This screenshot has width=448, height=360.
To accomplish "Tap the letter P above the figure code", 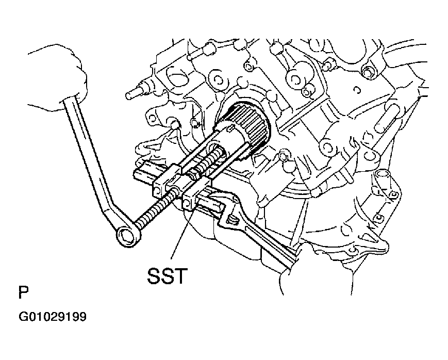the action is [x=24, y=292].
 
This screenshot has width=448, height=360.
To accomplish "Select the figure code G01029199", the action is [x=53, y=317].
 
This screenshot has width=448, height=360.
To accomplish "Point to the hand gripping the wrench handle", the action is [x=59, y=77].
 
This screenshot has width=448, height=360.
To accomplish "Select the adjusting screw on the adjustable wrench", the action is [x=233, y=220].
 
